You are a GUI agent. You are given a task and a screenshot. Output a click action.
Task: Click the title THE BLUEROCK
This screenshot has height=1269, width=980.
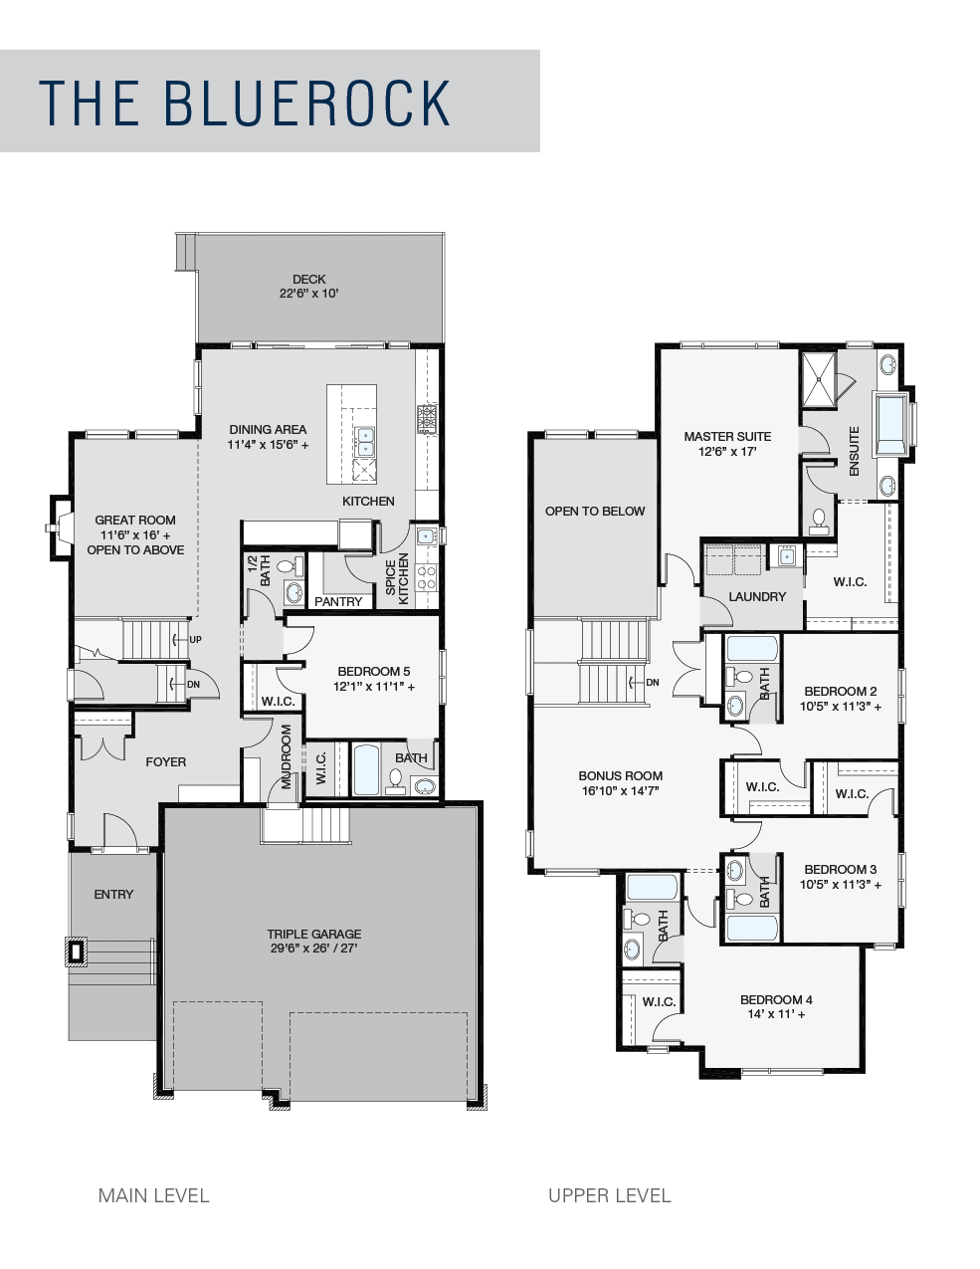[245, 103]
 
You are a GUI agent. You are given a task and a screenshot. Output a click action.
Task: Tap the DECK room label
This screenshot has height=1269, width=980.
[308, 279]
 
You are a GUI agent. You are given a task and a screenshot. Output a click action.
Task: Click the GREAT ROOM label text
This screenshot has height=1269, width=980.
[135, 520]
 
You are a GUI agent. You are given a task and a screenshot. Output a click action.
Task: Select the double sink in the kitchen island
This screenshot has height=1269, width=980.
[365, 442]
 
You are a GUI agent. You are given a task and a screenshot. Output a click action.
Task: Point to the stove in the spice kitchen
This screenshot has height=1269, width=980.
[426, 577]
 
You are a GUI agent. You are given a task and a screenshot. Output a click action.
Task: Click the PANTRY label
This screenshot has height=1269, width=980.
[338, 601]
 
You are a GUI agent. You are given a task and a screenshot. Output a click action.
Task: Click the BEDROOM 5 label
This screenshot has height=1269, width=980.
[374, 672]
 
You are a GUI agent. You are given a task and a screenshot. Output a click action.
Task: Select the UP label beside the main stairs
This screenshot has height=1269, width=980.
[196, 639]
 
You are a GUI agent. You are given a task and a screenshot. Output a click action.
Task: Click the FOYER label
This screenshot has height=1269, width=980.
[166, 761]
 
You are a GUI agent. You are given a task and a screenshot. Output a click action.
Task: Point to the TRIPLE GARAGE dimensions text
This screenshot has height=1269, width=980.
[313, 949]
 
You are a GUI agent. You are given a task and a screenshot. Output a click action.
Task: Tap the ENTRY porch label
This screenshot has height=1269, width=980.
[113, 894]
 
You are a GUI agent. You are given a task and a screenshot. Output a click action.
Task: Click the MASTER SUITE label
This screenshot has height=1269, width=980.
[727, 436]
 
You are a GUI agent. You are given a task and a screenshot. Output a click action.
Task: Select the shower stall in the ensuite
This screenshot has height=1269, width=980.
[819, 378]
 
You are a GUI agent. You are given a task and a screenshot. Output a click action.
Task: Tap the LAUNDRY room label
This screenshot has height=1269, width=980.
[757, 596]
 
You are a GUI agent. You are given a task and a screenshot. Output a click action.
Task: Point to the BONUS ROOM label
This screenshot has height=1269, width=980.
[621, 775]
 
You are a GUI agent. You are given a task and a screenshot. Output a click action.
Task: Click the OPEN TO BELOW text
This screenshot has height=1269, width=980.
[595, 511]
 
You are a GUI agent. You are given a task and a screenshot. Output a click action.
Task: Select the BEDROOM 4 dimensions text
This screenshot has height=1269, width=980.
[776, 1014]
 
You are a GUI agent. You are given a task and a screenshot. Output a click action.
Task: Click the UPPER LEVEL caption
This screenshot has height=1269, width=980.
[609, 1195]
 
